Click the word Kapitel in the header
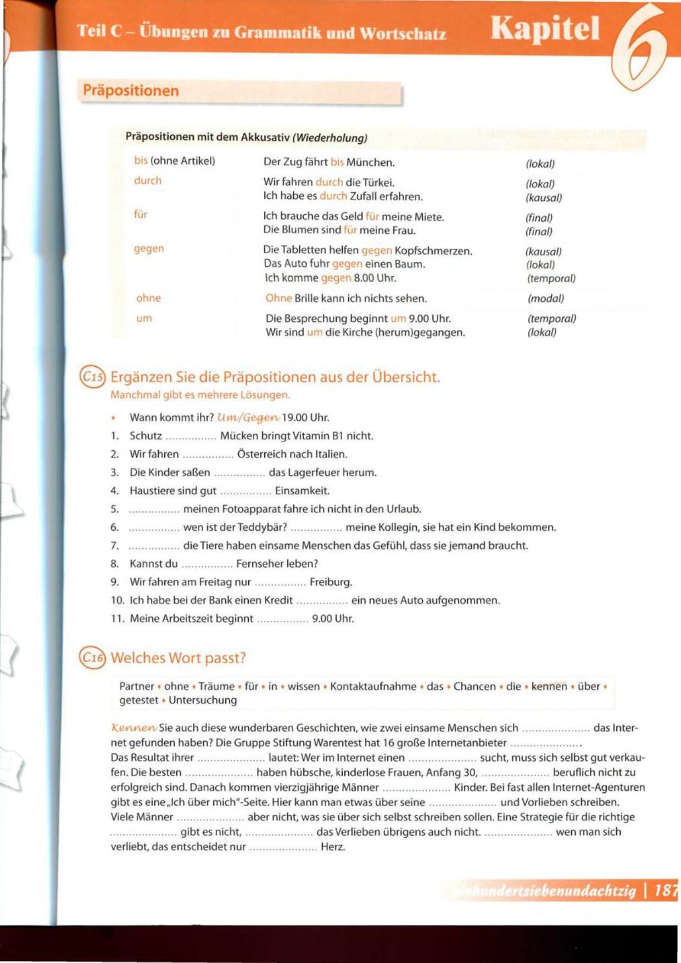click(x=545, y=29)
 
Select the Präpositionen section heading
click(x=131, y=91)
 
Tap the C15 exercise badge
click(x=92, y=377)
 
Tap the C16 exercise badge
click(x=92, y=658)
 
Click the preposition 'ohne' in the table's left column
click(x=148, y=298)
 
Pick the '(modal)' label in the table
click(x=545, y=299)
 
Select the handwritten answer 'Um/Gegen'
click(x=248, y=418)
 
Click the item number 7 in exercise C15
click(x=114, y=546)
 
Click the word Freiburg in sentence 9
click(x=331, y=582)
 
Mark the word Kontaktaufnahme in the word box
click(x=373, y=686)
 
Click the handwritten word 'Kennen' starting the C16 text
click(x=133, y=728)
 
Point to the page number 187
click(x=666, y=891)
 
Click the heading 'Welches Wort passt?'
click(x=178, y=658)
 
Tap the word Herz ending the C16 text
click(x=333, y=847)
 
